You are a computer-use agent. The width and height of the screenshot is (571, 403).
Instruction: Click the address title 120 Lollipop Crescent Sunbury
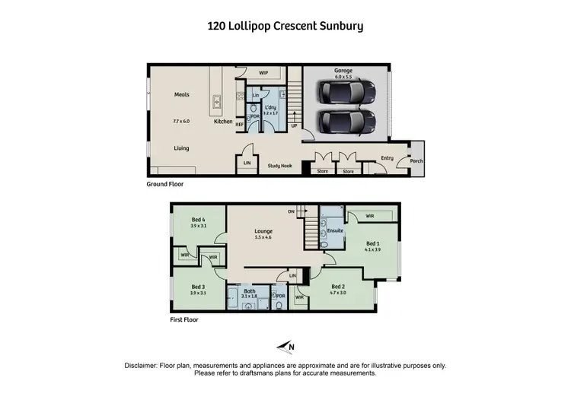point(285,26)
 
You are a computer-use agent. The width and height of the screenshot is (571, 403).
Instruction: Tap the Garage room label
point(343,70)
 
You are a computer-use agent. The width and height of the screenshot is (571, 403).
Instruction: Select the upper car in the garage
point(349,93)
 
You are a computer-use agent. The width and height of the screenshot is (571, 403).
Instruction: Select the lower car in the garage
point(349,121)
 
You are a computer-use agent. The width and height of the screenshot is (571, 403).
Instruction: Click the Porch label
point(416,161)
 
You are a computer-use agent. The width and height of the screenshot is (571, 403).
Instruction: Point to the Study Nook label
point(280,165)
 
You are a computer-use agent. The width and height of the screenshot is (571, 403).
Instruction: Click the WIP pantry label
point(263,73)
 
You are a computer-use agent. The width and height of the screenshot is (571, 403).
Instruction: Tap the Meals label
point(181,95)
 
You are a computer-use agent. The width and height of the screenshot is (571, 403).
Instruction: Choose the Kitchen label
point(223,122)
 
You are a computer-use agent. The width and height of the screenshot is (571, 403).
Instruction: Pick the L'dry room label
point(270,108)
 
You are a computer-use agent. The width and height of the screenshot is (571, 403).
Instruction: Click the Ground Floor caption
point(165,184)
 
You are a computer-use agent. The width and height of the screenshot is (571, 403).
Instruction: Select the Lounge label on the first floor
point(263,231)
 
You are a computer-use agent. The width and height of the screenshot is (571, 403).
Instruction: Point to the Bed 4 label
point(198,220)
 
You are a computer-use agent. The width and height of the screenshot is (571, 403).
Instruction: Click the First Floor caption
point(184,320)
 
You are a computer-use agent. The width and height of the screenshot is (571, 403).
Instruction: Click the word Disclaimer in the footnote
point(145,366)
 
